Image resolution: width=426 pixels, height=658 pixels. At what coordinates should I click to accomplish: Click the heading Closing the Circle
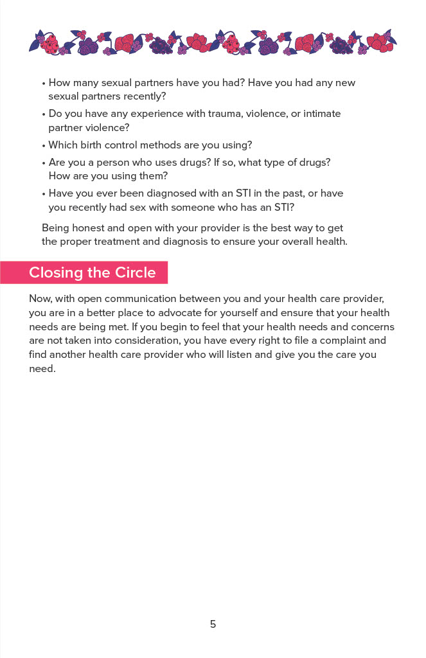click(x=93, y=272)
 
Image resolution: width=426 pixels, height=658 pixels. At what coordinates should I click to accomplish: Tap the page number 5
click(x=213, y=624)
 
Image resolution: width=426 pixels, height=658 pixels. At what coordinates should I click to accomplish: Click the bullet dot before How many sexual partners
click(x=44, y=84)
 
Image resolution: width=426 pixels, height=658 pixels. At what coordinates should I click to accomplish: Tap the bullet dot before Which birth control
click(x=44, y=145)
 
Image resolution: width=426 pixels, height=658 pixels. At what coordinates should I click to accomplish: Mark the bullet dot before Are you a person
click(x=44, y=163)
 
